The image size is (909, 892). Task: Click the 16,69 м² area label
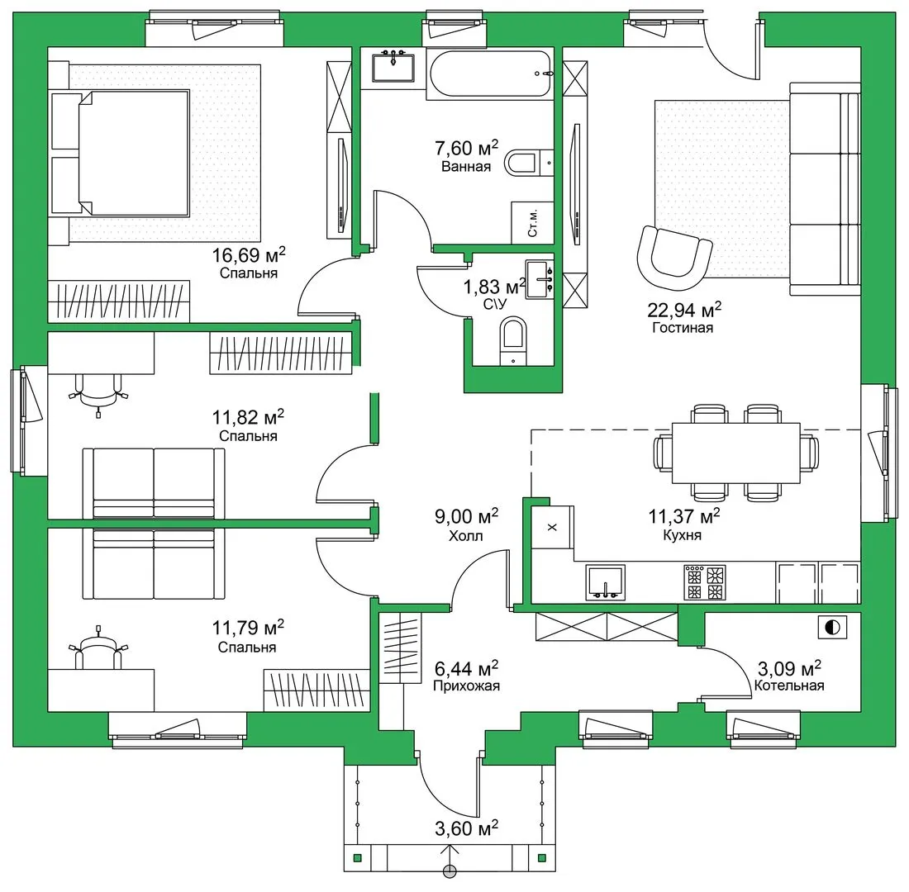[249, 254]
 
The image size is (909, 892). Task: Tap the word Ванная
[466, 167]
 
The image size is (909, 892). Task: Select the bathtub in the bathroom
[490, 74]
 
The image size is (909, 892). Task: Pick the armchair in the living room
[674, 257]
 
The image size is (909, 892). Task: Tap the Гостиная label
[683, 328]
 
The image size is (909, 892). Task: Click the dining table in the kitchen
[736, 453]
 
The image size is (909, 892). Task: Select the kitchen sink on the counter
[606, 582]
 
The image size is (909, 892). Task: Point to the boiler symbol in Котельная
[832, 627]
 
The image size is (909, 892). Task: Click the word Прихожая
[467, 686]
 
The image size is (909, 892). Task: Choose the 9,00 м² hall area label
[467, 516]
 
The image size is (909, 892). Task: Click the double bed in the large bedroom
[120, 153]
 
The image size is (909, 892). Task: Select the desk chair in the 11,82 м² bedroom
[98, 394]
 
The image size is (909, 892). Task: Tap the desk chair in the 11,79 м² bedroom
[98, 648]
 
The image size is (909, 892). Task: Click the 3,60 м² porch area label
[467, 828]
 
